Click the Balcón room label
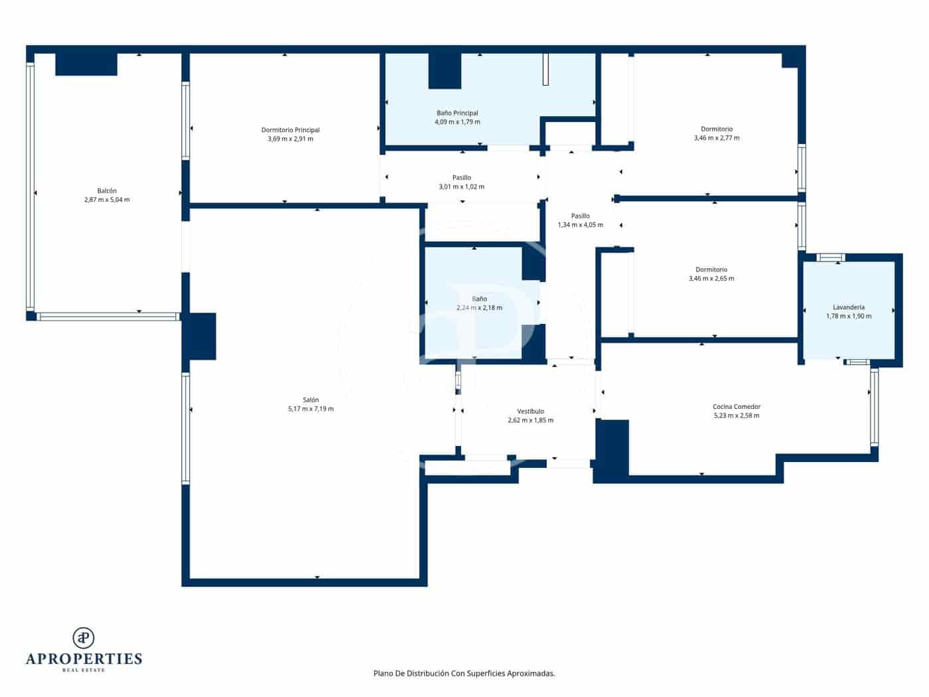point(107,191)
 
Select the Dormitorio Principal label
point(290,130)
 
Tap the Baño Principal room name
point(457,113)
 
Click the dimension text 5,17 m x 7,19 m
point(311,409)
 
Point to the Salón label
point(311,400)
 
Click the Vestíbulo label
point(530,411)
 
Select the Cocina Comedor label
point(736,406)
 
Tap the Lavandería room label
point(848,307)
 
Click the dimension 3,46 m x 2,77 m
point(716,138)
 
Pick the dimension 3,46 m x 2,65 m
point(711,279)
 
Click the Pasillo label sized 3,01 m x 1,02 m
point(461,177)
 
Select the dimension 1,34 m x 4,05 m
point(580,225)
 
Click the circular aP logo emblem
point(84,638)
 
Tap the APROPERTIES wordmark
point(84,659)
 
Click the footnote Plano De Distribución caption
point(464,673)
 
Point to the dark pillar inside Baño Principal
point(445,71)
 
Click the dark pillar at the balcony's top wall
point(86,64)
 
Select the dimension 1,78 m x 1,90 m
point(848,317)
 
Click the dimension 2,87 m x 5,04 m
point(107,200)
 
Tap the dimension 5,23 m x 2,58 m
point(736,416)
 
